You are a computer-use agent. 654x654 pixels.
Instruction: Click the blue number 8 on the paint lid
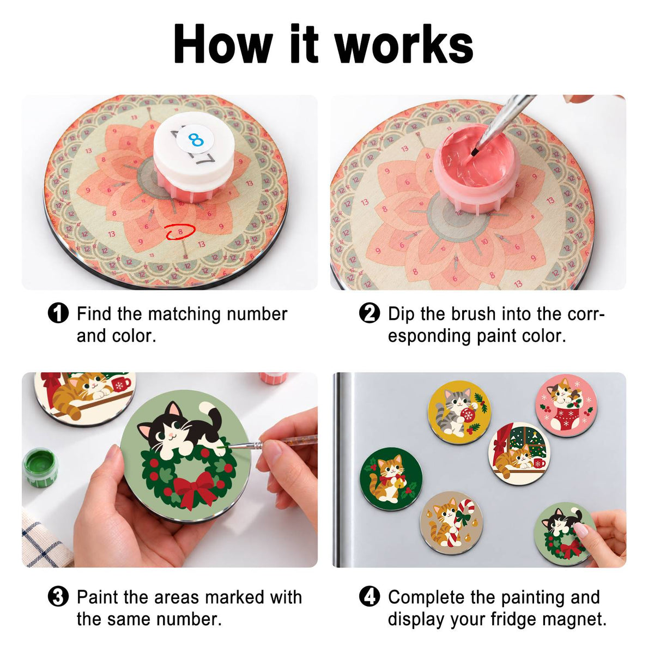tap(196, 139)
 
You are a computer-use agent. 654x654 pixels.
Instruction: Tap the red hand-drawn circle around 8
tap(180, 232)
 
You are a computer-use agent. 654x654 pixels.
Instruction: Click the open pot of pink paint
tap(473, 168)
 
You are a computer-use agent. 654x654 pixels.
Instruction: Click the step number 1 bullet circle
tap(58, 313)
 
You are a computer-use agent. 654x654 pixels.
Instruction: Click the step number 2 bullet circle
tap(370, 313)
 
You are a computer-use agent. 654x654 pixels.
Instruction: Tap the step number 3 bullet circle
tap(58, 597)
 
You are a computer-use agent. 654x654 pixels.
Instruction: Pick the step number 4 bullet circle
tap(370, 597)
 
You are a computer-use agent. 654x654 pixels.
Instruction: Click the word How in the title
tap(223, 44)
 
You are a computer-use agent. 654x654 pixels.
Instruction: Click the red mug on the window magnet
tap(539, 463)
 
